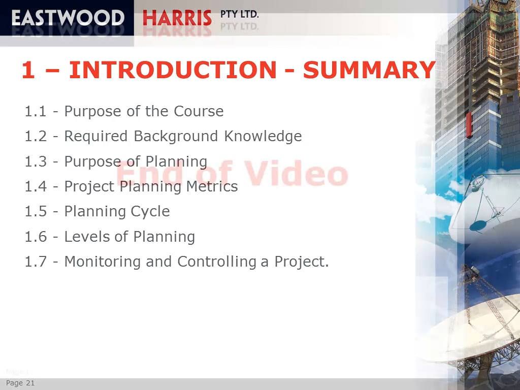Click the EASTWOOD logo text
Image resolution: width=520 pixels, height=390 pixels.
[x=68, y=18]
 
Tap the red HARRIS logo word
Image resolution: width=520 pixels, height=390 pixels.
[x=177, y=18]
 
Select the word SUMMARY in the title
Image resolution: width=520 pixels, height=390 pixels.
[x=369, y=70]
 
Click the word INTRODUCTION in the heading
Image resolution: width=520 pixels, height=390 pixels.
[x=172, y=70]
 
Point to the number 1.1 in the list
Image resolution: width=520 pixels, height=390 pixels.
[x=36, y=111]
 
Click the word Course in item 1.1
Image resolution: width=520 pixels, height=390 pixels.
[x=199, y=111]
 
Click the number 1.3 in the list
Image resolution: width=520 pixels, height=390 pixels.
[x=36, y=161]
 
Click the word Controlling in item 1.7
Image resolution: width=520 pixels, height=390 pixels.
[x=217, y=262]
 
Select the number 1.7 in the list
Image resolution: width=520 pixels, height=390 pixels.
[x=36, y=262]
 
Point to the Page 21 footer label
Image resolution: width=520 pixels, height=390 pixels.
[x=20, y=383]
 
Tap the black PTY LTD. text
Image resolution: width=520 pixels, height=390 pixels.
[x=240, y=14]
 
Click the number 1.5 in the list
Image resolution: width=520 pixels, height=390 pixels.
[x=36, y=211]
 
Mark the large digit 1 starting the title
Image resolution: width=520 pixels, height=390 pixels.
[x=28, y=71]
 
